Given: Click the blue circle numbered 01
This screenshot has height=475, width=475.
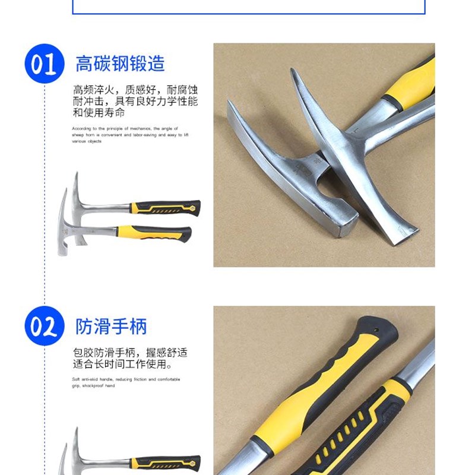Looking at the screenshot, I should click(x=44, y=64).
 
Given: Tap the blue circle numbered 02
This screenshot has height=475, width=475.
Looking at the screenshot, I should click(x=44, y=326).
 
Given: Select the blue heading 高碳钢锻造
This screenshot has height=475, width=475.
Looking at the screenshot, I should click(x=120, y=64).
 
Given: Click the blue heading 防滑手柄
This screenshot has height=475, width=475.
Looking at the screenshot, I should click(x=111, y=326).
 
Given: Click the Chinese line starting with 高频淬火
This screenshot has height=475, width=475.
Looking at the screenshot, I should click(x=135, y=90).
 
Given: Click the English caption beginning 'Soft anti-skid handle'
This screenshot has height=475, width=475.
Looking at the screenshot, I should click(x=126, y=382).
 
